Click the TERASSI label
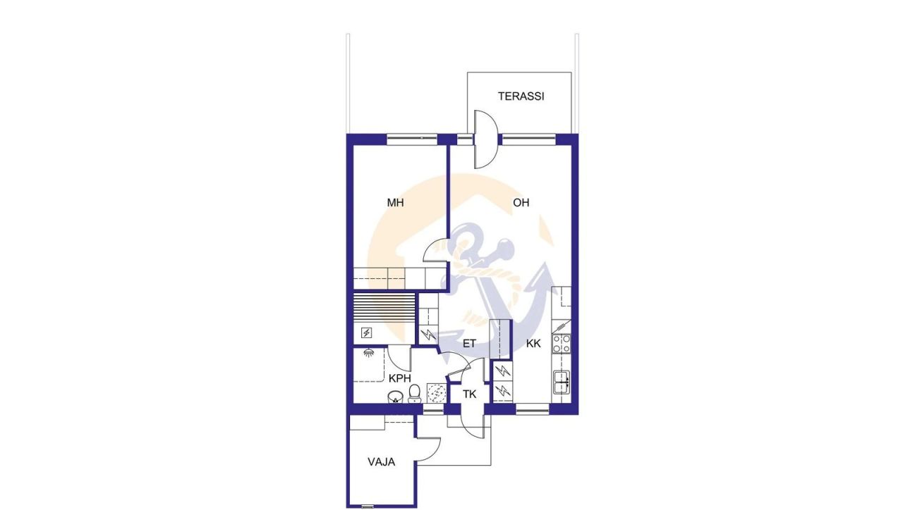pyautogui.click(x=521, y=97)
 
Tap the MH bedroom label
pyautogui.click(x=395, y=203)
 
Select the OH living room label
pyautogui.click(x=521, y=203)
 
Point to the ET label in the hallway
pyautogui.click(x=470, y=344)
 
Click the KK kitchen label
pyautogui.click(x=533, y=344)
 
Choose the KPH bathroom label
pyautogui.click(x=399, y=378)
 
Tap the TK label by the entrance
pyautogui.click(x=470, y=394)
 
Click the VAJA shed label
pyautogui.click(x=381, y=463)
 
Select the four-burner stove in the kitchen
pyautogui.click(x=562, y=343)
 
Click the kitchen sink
pyautogui.click(x=562, y=381)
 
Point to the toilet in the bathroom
pyautogui.click(x=415, y=392)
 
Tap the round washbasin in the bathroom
pyautogui.click(x=395, y=398)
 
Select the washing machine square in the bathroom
pyautogui.click(x=436, y=393)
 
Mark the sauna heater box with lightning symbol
pyautogui.click(x=367, y=332)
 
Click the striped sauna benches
pyautogui.click(x=383, y=309)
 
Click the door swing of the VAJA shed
pyautogui.click(x=428, y=449)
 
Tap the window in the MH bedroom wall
pyautogui.click(x=413, y=139)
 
